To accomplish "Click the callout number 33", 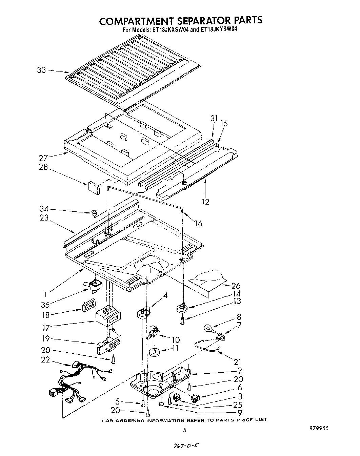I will [x=41, y=70].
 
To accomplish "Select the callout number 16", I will [x=198, y=223].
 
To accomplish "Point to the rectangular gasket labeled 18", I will [x=87, y=305].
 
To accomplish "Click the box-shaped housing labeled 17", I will [x=108, y=318].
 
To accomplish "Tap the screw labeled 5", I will [x=143, y=403].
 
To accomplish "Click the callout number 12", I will [x=205, y=202].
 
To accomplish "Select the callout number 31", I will [x=214, y=118].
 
